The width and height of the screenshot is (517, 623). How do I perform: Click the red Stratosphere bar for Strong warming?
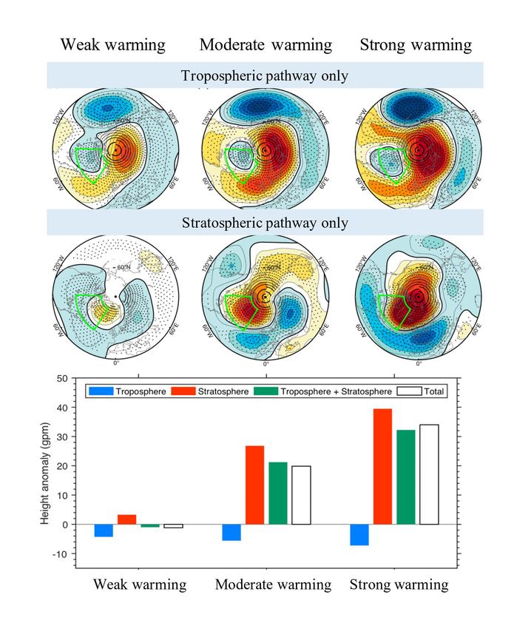[382, 466]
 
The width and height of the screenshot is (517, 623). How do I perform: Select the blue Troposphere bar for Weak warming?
[104, 531]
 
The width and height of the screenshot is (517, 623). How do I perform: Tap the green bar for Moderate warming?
[278, 493]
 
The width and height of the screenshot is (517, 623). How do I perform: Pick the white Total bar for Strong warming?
[429, 474]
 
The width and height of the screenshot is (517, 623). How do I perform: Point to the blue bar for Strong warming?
[359, 534]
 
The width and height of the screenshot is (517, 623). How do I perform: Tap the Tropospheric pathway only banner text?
[265, 75]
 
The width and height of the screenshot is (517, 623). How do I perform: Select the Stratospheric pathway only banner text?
[265, 222]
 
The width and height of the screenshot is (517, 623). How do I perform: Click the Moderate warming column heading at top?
[266, 45]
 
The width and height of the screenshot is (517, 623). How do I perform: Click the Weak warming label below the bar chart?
[139, 585]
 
